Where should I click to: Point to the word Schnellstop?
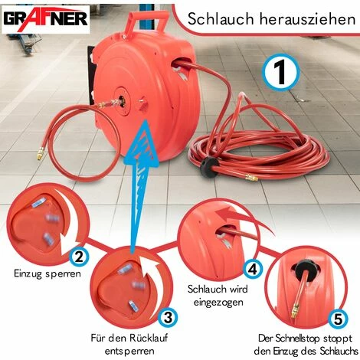click(x=284, y=338)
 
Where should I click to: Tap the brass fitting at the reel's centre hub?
click(x=120, y=100)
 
